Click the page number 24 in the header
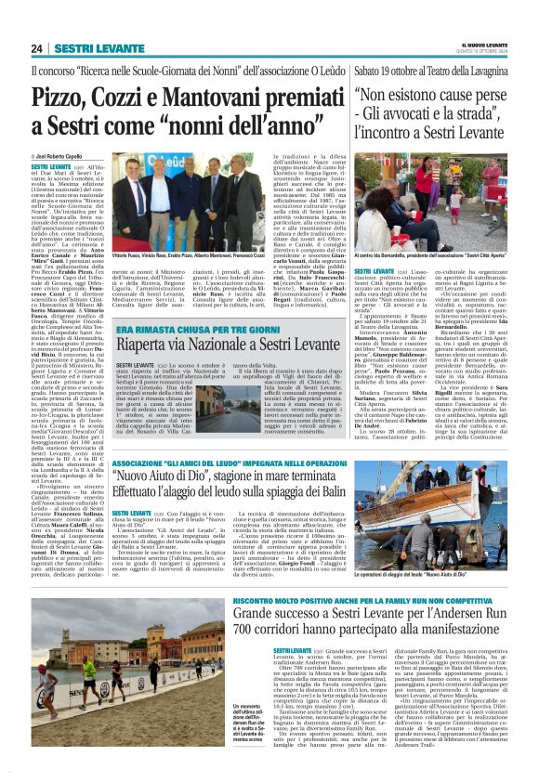point(38,48)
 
